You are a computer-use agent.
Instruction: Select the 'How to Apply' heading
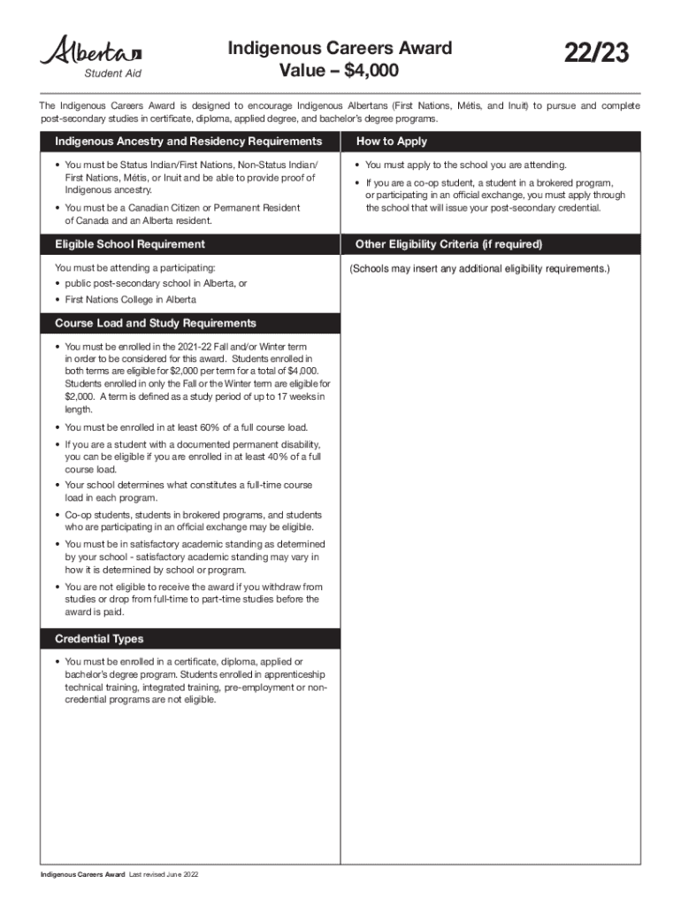click(391, 142)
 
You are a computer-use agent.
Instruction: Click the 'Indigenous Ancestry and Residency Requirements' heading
click(188, 142)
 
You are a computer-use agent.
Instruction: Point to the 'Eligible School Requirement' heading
click(129, 244)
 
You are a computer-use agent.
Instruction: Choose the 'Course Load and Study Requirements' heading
click(156, 323)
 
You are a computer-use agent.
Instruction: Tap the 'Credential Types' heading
click(99, 639)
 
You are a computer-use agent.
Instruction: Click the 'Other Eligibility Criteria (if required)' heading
click(448, 244)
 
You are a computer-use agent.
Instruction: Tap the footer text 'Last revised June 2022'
click(164, 875)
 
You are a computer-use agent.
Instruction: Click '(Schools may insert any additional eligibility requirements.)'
click(479, 268)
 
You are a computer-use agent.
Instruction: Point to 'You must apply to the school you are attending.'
click(465, 165)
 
